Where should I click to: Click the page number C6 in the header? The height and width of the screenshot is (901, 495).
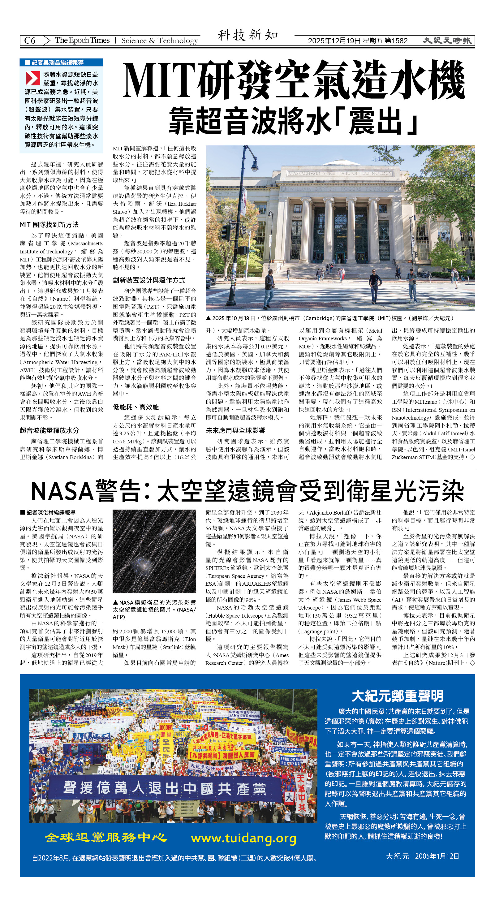[x=30, y=41]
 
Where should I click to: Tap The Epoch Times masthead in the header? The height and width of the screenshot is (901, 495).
[x=82, y=40]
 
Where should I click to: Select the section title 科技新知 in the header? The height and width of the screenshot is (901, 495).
[x=248, y=35]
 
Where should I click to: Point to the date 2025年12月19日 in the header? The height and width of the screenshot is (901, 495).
[x=334, y=41]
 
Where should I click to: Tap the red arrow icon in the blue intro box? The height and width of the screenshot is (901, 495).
[x=32, y=78]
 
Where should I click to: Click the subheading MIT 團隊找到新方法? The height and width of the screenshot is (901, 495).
[x=49, y=225]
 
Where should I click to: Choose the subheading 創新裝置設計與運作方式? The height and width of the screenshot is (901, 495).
[x=149, y=280]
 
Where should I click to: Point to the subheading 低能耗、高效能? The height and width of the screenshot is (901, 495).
[x=136, y=407]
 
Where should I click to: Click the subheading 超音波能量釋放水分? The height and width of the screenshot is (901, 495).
[x=49, y=430]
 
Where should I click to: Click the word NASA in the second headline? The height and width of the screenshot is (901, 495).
[x=62, y=491]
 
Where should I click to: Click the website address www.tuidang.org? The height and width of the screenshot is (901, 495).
[x=243, y=838]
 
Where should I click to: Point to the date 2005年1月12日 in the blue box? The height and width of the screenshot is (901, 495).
[x=437, y=856]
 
